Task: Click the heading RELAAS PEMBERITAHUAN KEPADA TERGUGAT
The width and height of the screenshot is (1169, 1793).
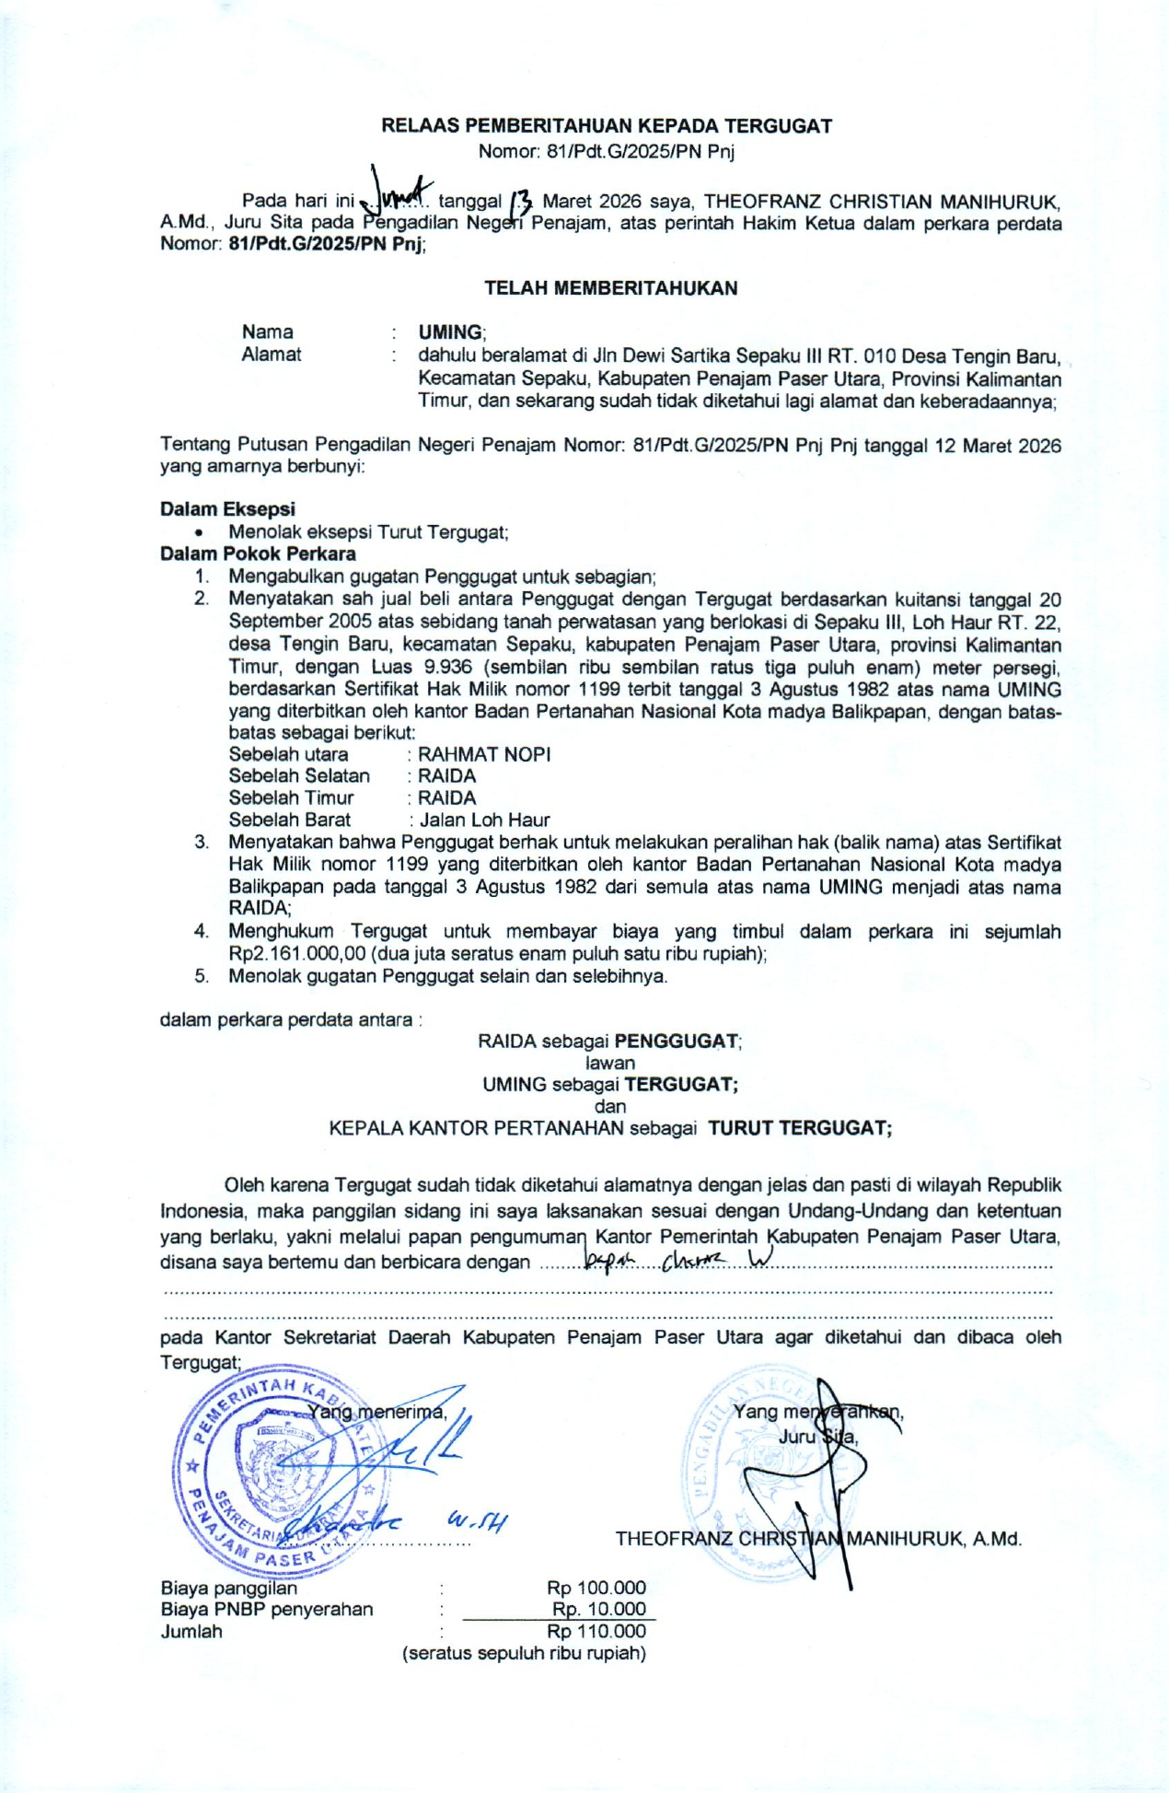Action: (607, 126)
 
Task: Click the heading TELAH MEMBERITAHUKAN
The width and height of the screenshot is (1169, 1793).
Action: (610, 288)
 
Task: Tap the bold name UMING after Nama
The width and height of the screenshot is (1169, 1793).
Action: (450, 332)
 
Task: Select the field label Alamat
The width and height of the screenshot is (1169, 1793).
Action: (271, 355)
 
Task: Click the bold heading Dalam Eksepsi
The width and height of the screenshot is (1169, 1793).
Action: (227, 509)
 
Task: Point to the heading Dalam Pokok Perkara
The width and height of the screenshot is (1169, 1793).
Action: (258, 553)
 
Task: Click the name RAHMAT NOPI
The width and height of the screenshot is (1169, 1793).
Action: (484, 754)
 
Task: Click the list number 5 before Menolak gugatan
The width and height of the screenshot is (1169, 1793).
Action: (202, 976)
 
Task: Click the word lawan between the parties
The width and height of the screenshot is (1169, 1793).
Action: (610, 1063)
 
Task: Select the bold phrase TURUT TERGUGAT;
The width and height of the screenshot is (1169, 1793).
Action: (799, 1128)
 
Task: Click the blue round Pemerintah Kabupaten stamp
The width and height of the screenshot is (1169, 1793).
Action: (276, 1466)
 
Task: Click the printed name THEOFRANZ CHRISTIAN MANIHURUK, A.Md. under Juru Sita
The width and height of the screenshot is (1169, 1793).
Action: (818, 1539)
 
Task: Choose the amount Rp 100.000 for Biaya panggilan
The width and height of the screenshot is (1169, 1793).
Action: (596, 1588)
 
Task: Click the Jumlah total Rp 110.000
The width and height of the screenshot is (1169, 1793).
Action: (596, 1631)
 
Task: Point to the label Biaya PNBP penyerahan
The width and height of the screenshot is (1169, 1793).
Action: (267, 1609)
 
